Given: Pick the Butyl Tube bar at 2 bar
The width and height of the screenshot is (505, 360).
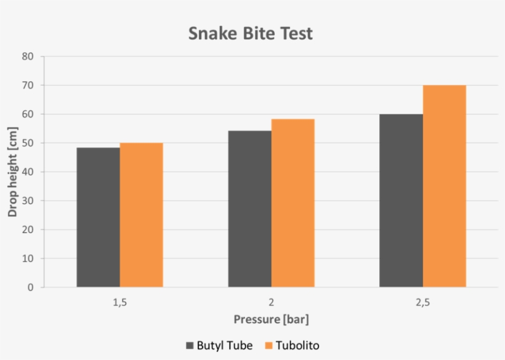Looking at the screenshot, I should [249, 209].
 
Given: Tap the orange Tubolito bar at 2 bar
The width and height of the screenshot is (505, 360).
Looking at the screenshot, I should [293, 203].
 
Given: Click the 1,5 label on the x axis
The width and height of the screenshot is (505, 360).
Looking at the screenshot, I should [119, 303].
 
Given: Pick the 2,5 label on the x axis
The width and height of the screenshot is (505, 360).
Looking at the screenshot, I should [422, 303].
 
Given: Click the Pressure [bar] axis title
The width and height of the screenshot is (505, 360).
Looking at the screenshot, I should [271, 319].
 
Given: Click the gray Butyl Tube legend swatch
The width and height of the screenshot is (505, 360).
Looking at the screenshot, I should [190, 346].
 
